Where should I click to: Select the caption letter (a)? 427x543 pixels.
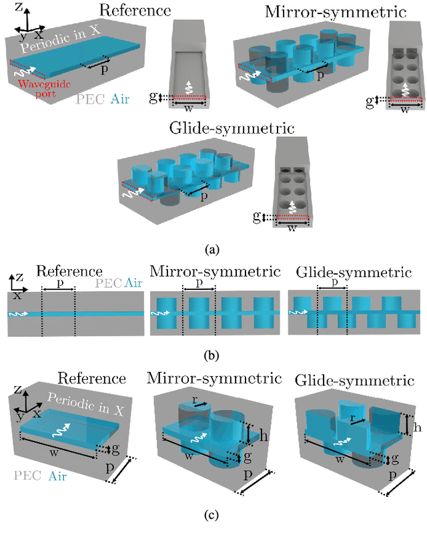tap(213, 249)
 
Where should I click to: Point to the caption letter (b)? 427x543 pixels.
tap(213, 355)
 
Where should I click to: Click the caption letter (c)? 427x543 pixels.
tap(213, 514)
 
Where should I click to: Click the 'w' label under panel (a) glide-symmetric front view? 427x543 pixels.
tap(291, 226)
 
